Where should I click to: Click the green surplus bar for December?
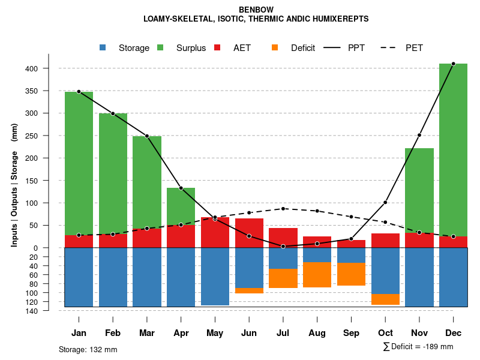tap(453, 150)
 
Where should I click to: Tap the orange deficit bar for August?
tap(317, 275)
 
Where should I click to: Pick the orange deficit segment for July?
tap(283, 278)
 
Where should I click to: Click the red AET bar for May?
tap(215, 232)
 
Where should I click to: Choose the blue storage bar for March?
tap(147, 277)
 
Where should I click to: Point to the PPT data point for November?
tap(419, 135)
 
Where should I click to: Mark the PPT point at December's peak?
tap(453, 64)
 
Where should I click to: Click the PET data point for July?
tap(283, 208)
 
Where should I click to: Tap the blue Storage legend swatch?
tap(103, 48)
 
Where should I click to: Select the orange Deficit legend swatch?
tap(275, 48)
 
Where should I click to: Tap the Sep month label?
tap(351, 333)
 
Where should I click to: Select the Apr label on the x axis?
tap(181, 333)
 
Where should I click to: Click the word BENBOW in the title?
tap(256, 10)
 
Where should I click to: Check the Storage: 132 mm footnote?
tap(88, 349)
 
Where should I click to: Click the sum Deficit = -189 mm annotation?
tap(418, 347)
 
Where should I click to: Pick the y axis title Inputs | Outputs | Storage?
tap(14, 186)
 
